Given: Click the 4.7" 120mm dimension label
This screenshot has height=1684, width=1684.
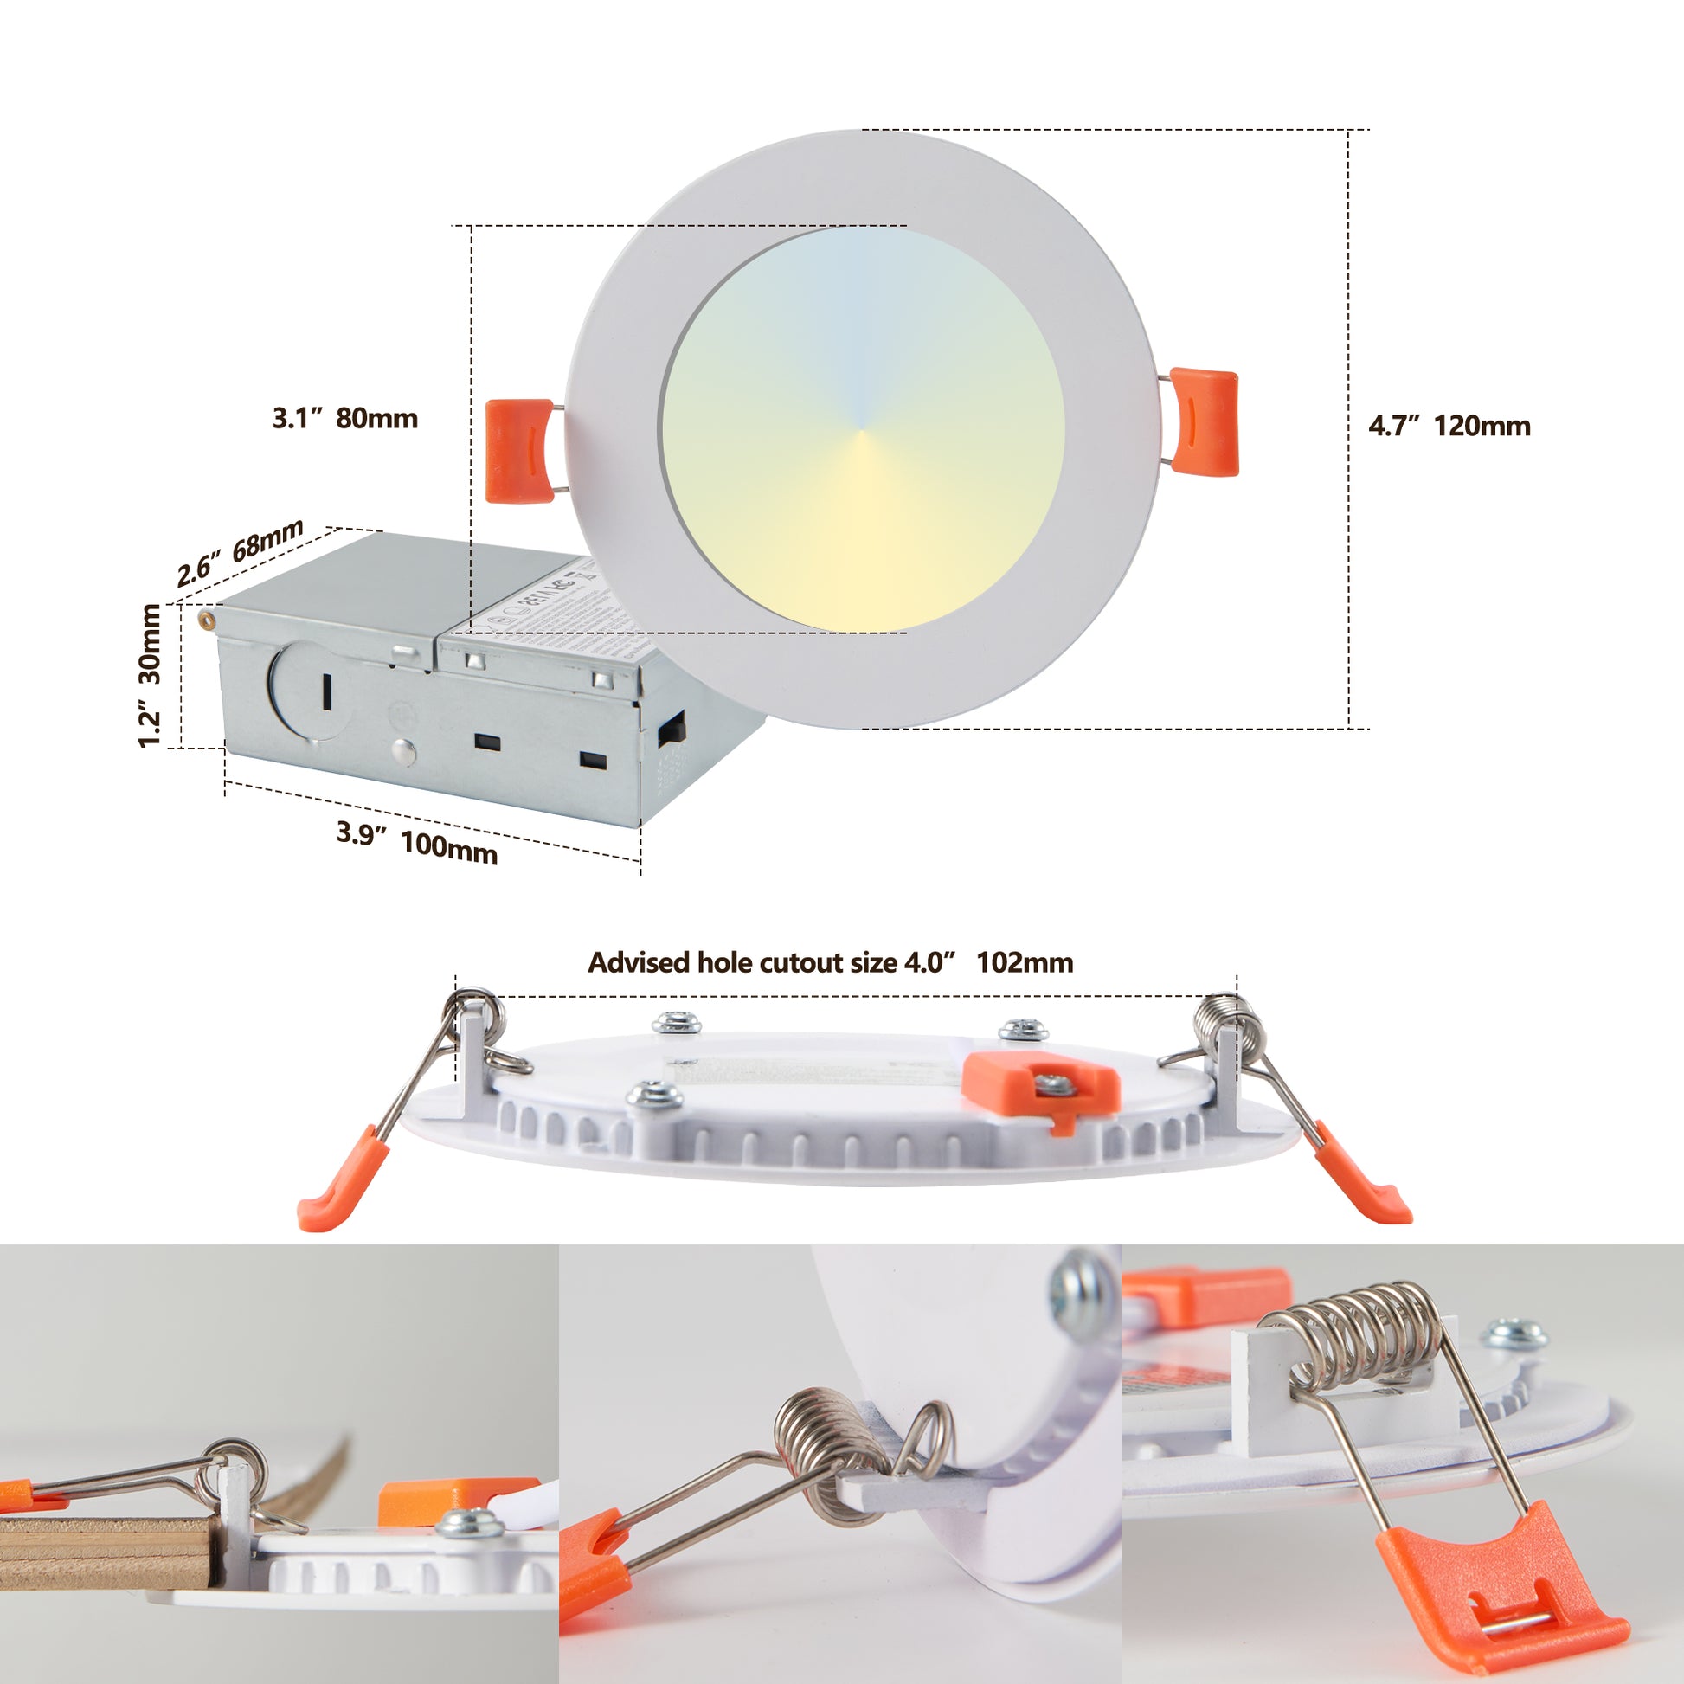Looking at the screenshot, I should click(1449, 427).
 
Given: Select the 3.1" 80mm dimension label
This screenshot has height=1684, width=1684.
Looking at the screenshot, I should click(345, 418).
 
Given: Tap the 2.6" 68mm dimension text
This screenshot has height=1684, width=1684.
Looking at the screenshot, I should click(240, 553).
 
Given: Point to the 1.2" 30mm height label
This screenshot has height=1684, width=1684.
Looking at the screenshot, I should click(150, 676).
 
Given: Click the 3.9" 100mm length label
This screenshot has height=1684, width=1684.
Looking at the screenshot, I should click(416, 842).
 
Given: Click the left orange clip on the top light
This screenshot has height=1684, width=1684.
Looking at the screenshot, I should click(518, 451).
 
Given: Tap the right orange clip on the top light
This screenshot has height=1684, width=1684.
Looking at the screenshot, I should click(1204, 422).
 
